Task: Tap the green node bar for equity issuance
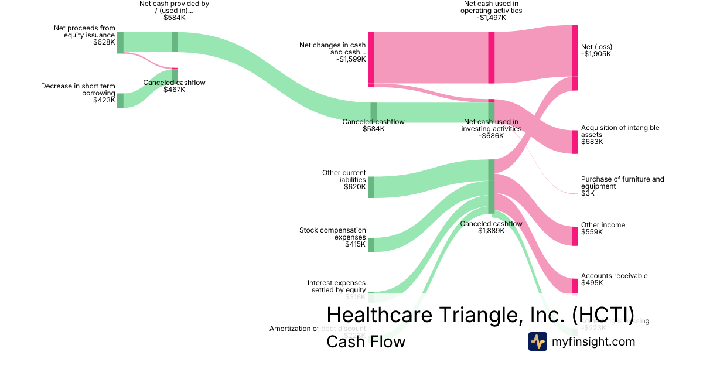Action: (120, 43)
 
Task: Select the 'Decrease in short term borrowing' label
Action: (78, 93)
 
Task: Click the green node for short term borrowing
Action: (120, 101)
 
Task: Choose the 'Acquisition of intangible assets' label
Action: (620, 135)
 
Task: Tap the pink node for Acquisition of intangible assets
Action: (575, 142)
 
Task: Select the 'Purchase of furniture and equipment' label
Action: (622, 186)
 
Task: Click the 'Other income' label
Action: (603, 228)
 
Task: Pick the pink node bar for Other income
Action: (575, 236)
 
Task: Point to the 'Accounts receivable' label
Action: (614, 279)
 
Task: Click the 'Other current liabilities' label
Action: (344, 180)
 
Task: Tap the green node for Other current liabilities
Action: (371, 187)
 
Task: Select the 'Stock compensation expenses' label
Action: (333, 237)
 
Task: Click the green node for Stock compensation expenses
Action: (371, 244)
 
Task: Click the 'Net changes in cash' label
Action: (332, 52)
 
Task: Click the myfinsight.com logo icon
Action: (538, 341)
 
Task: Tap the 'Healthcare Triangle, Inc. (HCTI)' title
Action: (480, 315)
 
